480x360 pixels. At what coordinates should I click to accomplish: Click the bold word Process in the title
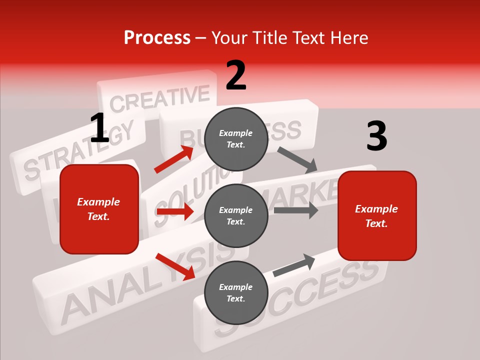click(157, 38)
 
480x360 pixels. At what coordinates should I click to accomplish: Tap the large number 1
click(99, 128)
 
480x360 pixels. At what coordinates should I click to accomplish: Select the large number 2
click(236, 75)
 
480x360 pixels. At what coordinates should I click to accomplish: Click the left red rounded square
click(99, 209)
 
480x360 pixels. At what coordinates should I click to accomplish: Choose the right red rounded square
click(377, 215)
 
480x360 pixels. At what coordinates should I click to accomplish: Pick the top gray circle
click(236, 139)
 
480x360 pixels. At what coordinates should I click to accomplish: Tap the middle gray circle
click(236, 215)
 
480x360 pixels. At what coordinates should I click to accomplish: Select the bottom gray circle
click(236, 292)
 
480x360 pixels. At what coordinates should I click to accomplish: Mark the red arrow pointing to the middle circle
click(175, 211)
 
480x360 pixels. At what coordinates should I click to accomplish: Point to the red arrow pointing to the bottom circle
click(175, 266)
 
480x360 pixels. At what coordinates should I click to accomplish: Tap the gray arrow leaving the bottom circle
click(294, 265)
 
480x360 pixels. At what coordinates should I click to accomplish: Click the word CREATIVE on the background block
click(160, 99)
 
